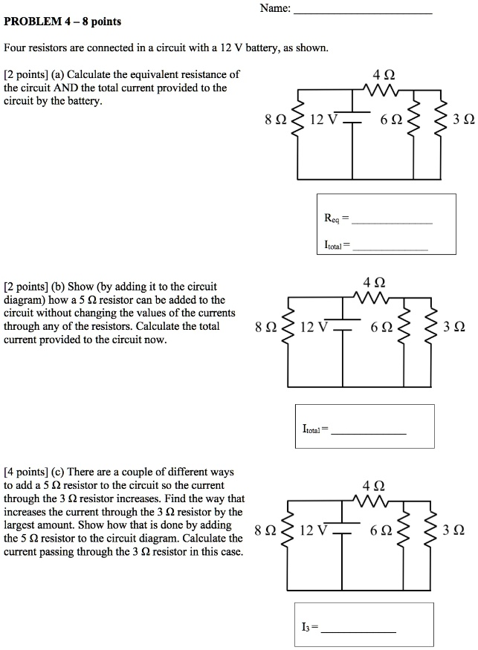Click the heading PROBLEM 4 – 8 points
[52, 22]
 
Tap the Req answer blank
[391, 221]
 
